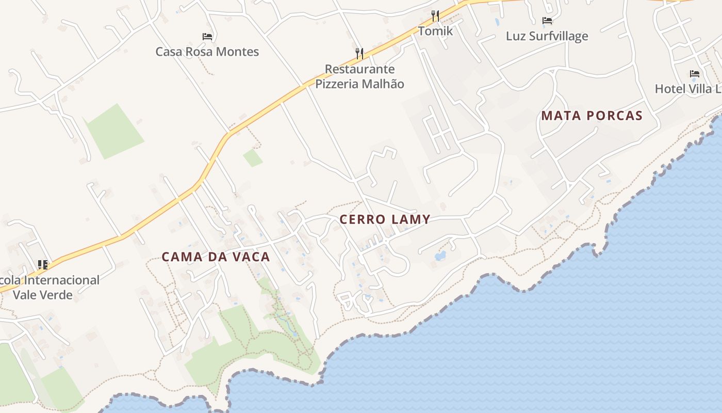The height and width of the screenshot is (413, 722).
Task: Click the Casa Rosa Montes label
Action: pyautogui.click(x=207, y=52)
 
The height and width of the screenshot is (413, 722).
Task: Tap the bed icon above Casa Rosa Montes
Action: pyautogui.click(x=207, y=37)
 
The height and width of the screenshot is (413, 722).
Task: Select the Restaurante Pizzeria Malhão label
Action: pyautogui.click(x=359, y=76)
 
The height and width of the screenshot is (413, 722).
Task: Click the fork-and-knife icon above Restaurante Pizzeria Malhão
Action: pyautogui.click(x=359, y=53)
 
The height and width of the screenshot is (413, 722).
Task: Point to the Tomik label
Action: pyautogui.click(x=435, y=31)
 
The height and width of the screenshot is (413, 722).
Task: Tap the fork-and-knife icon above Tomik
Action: pyautogui.click(x=435, y=15)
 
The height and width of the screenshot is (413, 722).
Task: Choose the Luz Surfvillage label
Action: pyautogui.click(x=547, y=36)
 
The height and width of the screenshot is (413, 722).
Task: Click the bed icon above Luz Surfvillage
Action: pyautogui.click(x=547, y=21)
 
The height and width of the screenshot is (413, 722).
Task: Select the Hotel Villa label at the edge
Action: pyautogui.click(x=688, y=89)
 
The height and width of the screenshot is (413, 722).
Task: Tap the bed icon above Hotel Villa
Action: pyautogui.click(x=695, y=74)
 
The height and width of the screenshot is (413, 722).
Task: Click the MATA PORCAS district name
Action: pyautogui.click(x=592, y=116)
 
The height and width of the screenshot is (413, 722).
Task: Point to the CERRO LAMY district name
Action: pyautogui.click(x=385, y=219)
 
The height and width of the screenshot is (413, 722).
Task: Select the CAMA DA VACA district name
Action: pyautogui.click(x=216, y=257)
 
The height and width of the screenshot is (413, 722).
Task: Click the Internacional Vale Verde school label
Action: pyautogui.click(x=50, y=288)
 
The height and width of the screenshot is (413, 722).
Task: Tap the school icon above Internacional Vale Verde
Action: pyautogui.click(x=43, y=265)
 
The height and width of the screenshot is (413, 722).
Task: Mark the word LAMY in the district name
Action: pyautogui.click(x=411, y=219)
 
